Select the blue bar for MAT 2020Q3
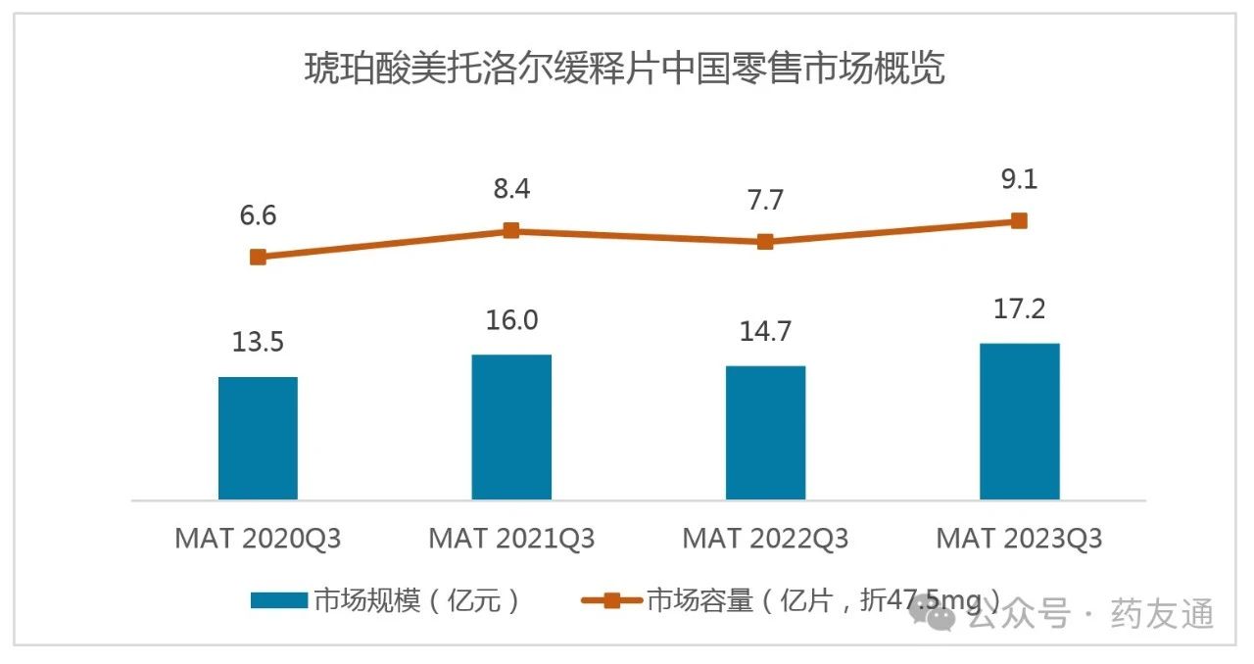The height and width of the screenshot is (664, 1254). (x=258, y=438)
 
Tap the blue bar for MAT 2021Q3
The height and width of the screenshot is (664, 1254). (x=511, y=427)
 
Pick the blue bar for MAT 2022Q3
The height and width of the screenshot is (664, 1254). (x=765, y=433)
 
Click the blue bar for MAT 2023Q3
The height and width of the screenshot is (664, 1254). (x=1019, y=421)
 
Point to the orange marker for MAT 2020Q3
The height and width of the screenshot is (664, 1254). (x=258, y=257)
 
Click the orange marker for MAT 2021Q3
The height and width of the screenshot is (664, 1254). (x=511, y=230)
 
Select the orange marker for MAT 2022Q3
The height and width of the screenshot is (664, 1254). (x=765, y=242)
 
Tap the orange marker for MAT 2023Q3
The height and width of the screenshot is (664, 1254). (x=1019, y=220)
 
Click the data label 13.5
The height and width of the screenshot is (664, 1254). (x=258, y=343)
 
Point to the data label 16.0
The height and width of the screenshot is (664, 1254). (x=511, y=320)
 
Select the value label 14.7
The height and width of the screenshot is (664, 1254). (x=765, y=332)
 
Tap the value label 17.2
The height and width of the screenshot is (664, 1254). (x=1019, y=309)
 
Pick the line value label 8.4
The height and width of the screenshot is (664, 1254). (x=511, y=189)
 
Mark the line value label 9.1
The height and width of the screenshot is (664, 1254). (x=1019, y=180)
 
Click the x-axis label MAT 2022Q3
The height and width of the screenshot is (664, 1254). (x=765, y=539)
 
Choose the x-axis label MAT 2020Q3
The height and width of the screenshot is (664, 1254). (x=258, y=539)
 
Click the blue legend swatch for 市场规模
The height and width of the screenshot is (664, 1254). (x=279, y=600)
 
